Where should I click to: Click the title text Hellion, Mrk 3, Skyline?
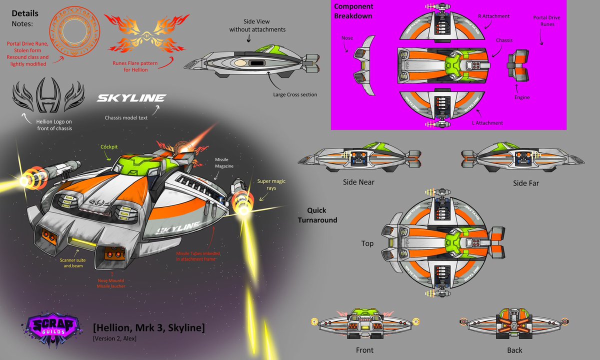click(x=148, y=328)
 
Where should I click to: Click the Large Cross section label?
click(x=295, y=94)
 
